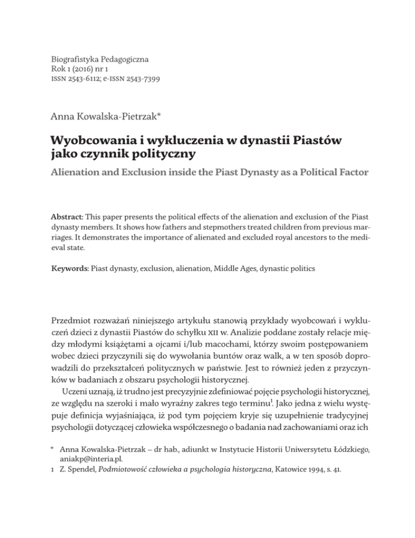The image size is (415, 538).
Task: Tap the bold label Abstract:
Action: tap(66, 220)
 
